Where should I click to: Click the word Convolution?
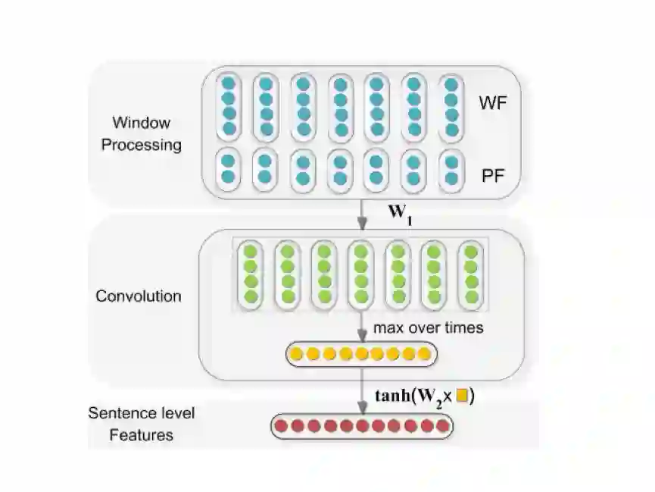pos(139,296)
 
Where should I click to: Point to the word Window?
pos(142,123)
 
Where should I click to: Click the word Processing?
pos(143,144)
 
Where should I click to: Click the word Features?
pos(142,435)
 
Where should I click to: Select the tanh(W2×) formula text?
pos(424,395)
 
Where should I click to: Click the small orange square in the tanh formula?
pos(461,395)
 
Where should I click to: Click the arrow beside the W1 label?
pos(362,213)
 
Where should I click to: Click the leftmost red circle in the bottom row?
pos(282,426)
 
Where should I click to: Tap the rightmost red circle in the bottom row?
pos(441,426)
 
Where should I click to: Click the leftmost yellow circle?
pos(297,353)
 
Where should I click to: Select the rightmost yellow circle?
pos(426,353)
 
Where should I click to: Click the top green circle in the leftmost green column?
pos(250,252)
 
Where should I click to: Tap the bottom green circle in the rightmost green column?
pos(471,296)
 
